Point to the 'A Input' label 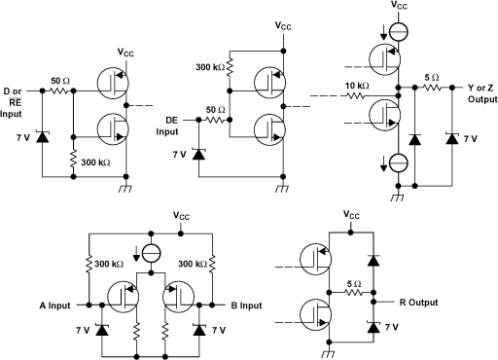coord(57,306)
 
